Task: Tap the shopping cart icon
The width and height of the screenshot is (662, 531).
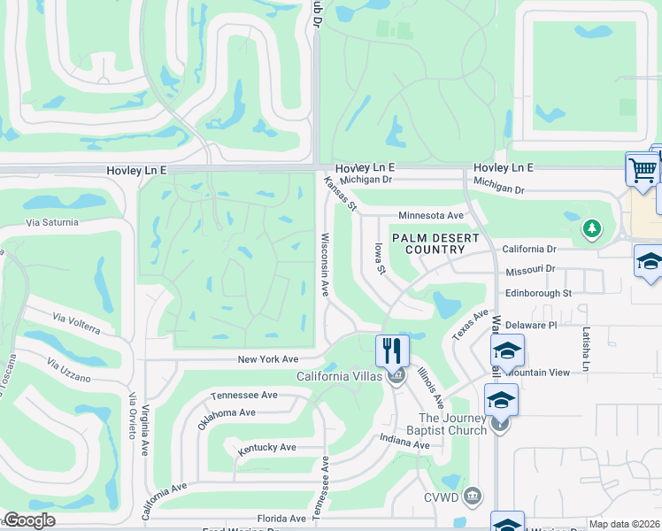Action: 642,168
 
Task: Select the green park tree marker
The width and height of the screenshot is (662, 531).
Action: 591,230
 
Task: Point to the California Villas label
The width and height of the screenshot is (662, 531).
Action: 339,376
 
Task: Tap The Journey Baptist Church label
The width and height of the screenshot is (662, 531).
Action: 452,424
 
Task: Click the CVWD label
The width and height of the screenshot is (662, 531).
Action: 443,495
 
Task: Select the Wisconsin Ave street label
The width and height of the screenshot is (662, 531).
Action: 325,265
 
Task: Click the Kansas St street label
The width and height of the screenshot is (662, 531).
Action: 340,195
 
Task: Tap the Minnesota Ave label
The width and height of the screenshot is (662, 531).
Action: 431,215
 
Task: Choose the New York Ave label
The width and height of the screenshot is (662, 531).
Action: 268,359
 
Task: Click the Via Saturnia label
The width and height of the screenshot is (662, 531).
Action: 52,222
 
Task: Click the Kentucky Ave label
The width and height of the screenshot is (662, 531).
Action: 266,448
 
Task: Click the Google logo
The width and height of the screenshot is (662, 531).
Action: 29,520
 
